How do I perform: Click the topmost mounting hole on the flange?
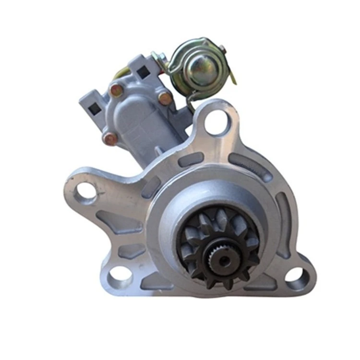pyautogui.click(x=217, y=122)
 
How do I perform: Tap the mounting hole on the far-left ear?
pyautogui.click(x=86, y=191)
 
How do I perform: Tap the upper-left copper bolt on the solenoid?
pyautogui.click(x=117, y=90)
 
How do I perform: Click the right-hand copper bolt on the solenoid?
pyautogui.click(x=165, y=98)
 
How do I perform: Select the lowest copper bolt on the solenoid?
pyautogui.click(x=110, y=139)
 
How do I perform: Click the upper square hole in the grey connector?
pyautogui.click(x=143, y=73)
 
